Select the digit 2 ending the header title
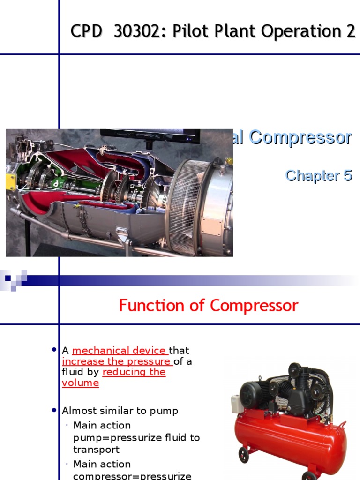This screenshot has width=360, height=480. coord(351,31)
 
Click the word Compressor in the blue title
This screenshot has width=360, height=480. coord(300,137)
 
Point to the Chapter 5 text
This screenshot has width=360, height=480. coord(318,175)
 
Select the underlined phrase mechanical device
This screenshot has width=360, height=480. coord(120,351)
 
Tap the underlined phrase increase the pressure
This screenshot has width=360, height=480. coord(117,361)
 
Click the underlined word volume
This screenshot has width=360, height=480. coord(80,383)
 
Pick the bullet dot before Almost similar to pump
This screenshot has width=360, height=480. coord(54,410)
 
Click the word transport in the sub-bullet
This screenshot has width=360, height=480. coord(96,450)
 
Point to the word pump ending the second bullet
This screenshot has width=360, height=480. coord(164,411)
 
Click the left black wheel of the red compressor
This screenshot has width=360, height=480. coord(243,454)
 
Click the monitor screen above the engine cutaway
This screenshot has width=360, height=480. coord(150,135)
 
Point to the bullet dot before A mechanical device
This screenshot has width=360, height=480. coord(54,350)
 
